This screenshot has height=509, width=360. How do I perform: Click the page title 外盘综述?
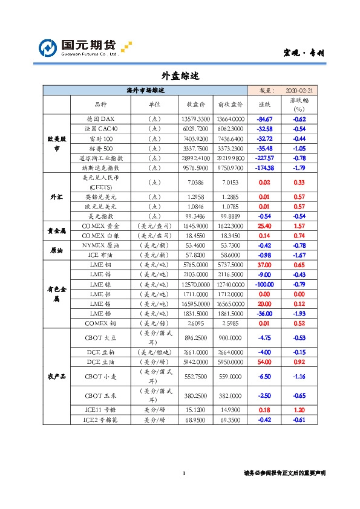pos(180,76)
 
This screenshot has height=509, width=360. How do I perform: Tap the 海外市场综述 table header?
pos(145,89)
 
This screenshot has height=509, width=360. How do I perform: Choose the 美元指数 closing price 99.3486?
pos(195,216)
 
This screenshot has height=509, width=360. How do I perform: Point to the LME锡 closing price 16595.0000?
pos(195,303)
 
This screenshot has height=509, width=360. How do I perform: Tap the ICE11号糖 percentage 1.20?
pos(299,410)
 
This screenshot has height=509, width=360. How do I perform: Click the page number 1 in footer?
pos(183,473)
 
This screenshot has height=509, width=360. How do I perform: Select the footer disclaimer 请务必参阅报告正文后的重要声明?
pos(284,473)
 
